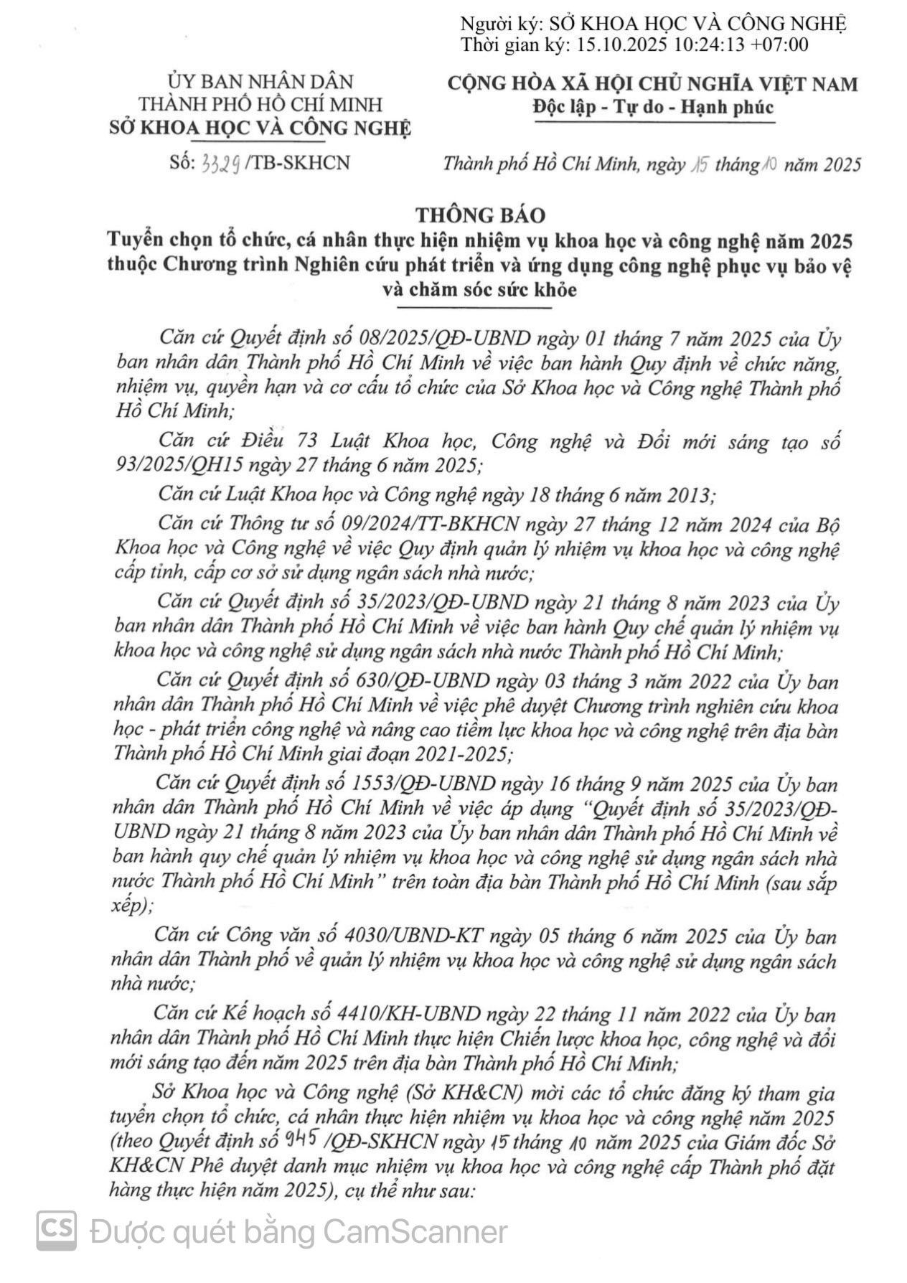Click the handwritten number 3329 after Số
coord(221,164)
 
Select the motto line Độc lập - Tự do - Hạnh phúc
coord(653,107)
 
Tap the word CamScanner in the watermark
coord(415,1232)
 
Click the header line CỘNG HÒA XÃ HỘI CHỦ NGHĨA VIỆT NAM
coord(652,84)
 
